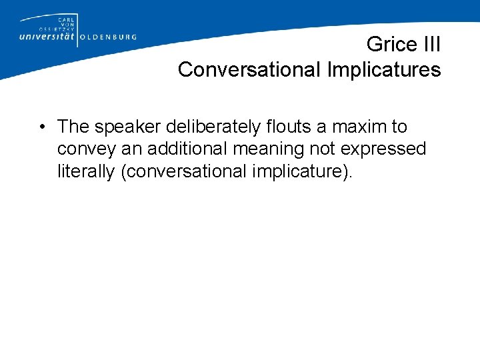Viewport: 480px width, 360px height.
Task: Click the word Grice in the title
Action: click(x=391, y=45)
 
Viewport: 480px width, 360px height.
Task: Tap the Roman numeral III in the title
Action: click(x=429, y=45)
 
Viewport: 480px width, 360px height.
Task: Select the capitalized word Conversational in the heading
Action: click(x=244, y=69)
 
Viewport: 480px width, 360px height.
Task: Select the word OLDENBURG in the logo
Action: click(x=109, y=37)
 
